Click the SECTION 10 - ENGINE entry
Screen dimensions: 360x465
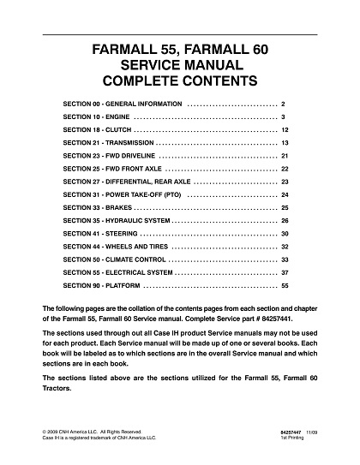(95, 116)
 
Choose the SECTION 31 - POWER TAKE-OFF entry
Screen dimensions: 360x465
(120, 196)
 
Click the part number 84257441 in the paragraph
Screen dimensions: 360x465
(276, 319)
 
